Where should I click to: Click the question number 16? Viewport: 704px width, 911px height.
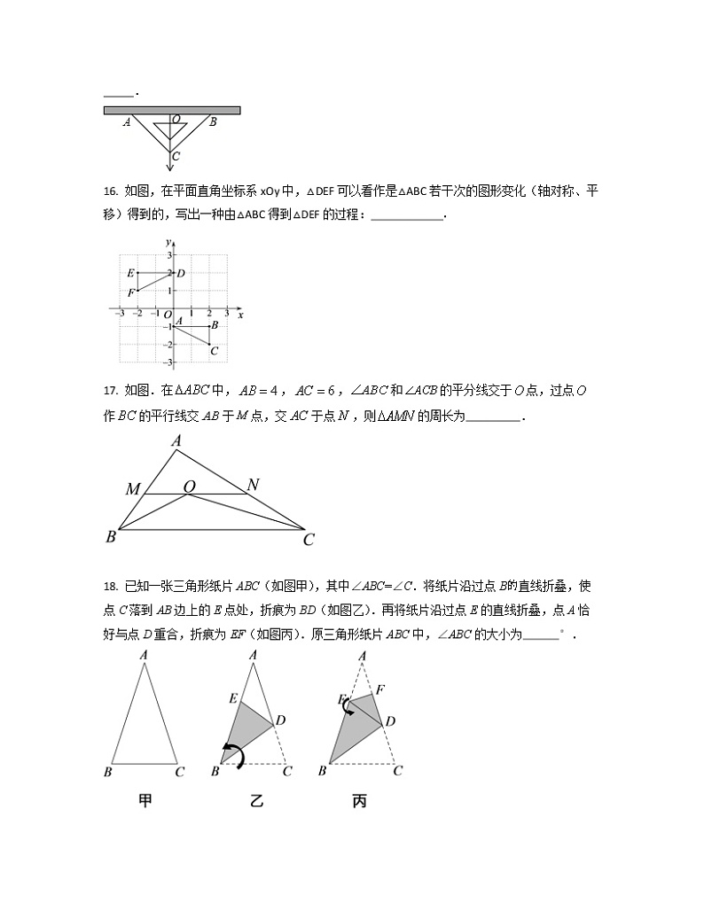(110, 191)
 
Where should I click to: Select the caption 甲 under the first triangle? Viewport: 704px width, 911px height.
(145, 801)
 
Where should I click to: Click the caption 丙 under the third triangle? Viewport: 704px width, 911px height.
(359, 801)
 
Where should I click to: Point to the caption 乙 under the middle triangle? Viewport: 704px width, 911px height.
(256, 801)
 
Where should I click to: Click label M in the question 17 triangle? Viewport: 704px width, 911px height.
(133, 489)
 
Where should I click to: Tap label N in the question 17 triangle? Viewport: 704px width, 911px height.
(253, 485)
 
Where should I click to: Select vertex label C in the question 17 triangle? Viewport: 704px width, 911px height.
(309, 539)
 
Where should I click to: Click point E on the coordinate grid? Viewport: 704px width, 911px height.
(130, 273)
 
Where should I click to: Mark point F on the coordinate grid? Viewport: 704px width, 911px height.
(130, 292)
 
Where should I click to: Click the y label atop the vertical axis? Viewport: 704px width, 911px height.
(167, 241)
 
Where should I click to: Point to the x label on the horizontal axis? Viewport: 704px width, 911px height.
(240, 314)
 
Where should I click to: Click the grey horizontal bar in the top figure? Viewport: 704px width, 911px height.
(172, 110)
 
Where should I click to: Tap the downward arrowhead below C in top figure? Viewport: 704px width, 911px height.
(170, 167)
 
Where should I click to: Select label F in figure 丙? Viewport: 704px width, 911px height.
(380, 689)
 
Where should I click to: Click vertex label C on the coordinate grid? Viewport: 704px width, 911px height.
(214, 350)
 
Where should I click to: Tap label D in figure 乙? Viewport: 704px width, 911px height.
(280, 720)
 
